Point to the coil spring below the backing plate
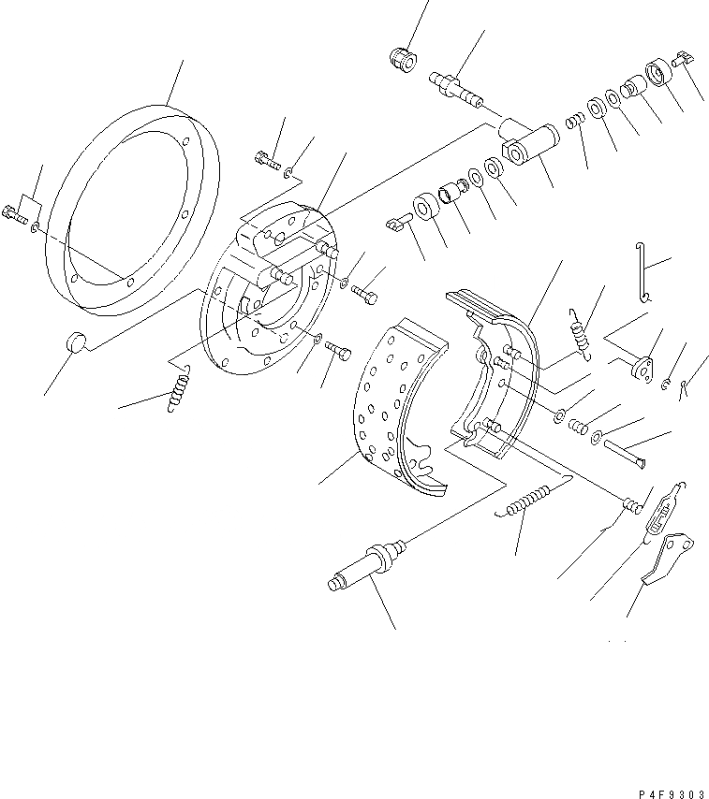click(x=177, y=386)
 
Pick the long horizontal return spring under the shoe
click(x=530, y=501)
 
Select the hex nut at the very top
click(x=401, y=57)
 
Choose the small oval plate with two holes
click(x=643, y=369)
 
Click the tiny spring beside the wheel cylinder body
click(x=578, y=122)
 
